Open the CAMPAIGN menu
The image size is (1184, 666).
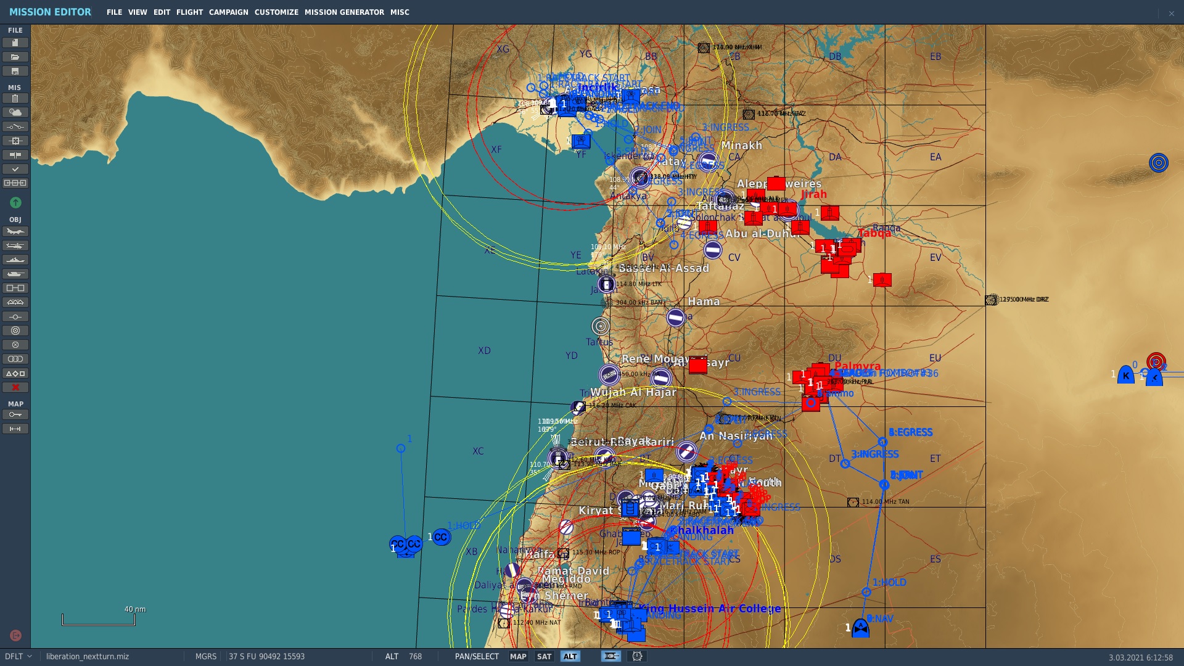(x=228, y=12)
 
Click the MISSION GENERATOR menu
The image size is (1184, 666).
(x=344, y=12)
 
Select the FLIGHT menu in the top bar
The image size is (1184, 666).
(x=189, y=12)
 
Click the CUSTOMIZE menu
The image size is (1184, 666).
(x=276, y=12)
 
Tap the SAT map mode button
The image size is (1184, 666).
(x=544, y=657)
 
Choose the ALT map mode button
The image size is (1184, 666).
(x=570, y=657)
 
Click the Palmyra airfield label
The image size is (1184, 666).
(x=857, y=366)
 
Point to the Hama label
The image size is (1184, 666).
(x=704, y=302)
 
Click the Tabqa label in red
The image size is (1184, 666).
(x=874, y=233)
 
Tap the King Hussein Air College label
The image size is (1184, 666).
(x=709, y=609)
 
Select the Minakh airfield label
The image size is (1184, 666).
(x=741, y=146)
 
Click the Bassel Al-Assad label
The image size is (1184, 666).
(x=664, y=268)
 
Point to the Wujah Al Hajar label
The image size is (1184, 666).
(x=633, y=392)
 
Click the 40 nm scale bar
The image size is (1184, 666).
(x=99, y=619)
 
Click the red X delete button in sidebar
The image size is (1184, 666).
(x=15, y=387)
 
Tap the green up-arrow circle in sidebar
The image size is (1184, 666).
(x=15, y=202)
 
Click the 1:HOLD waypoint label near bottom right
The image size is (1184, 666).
(x=889, y=582)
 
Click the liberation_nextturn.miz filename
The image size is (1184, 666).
(x=88, y=657)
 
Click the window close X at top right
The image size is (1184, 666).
(x=1171, y=13)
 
